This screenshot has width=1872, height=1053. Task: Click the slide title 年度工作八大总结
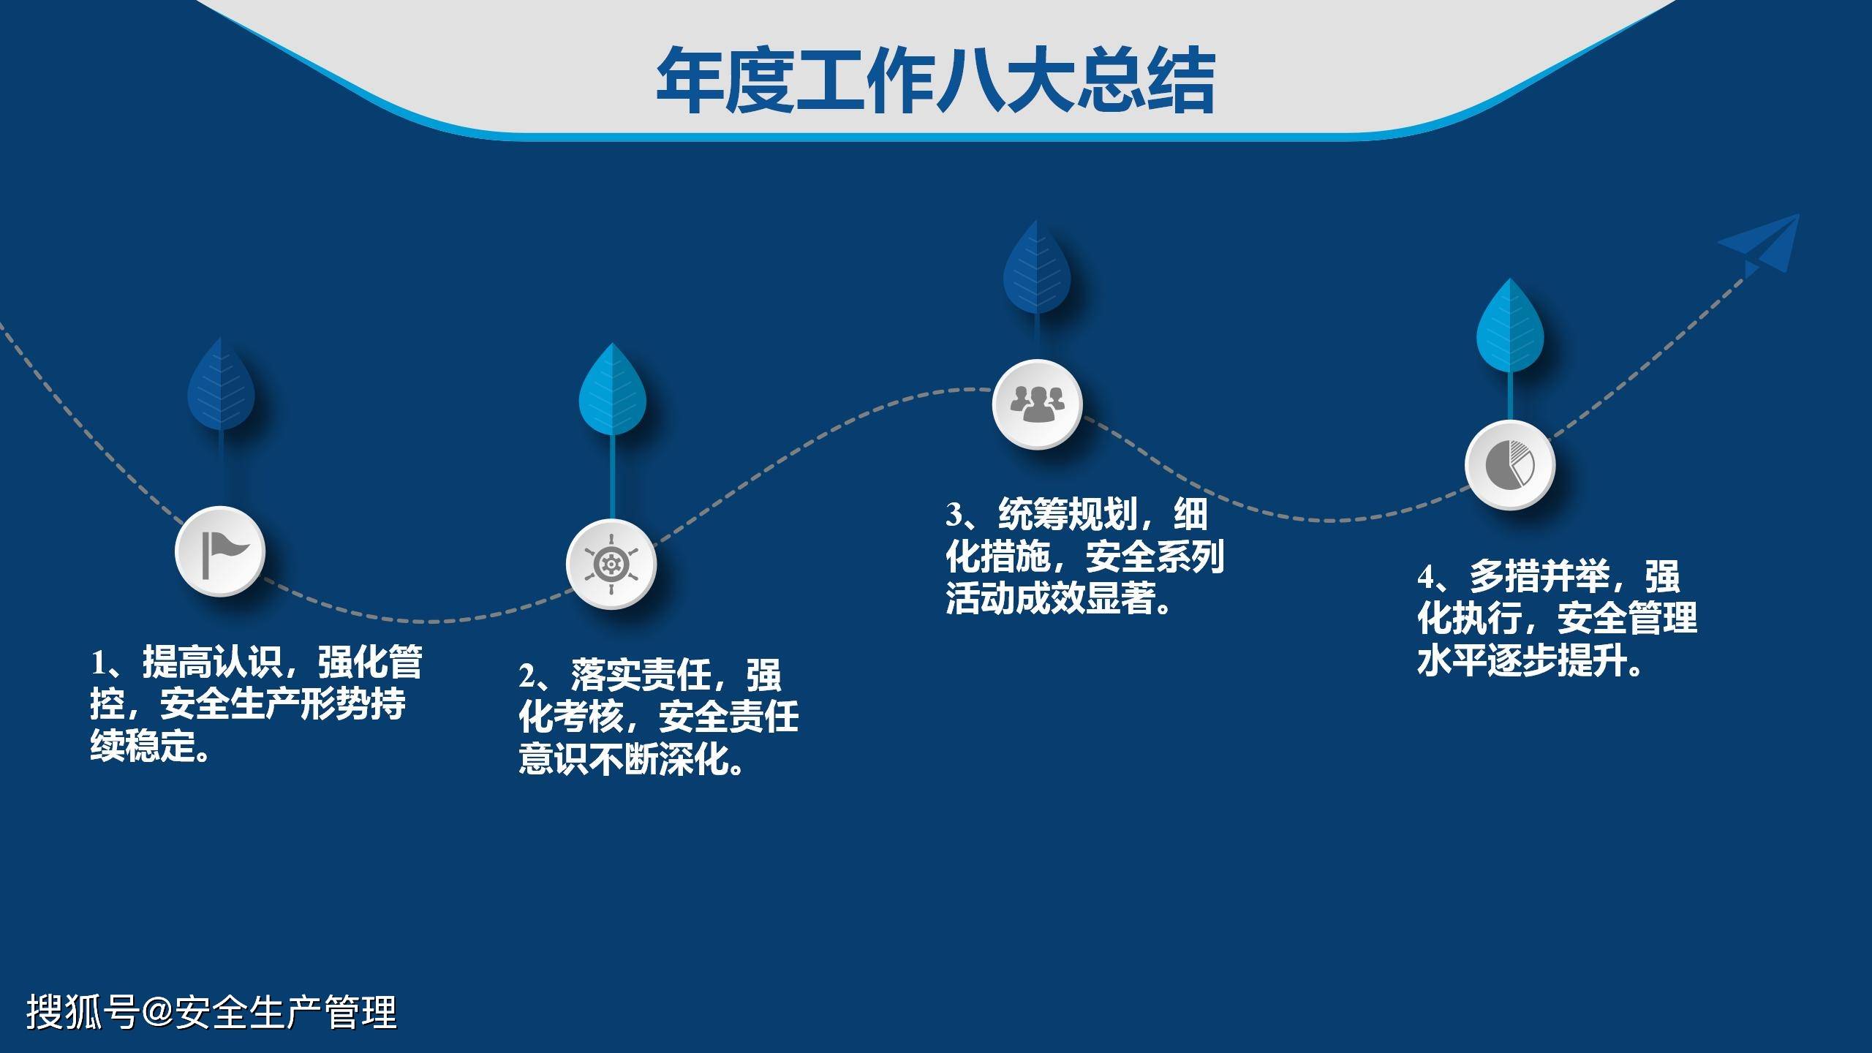coord(935,80)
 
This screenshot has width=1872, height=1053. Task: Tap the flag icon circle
coord(220,551)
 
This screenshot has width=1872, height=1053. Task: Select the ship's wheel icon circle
coord(611,564)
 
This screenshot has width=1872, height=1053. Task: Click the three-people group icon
coord(1037,404)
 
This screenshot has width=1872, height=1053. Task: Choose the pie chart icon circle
coord(1510,465)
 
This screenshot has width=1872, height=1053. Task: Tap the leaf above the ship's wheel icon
coord(613,389)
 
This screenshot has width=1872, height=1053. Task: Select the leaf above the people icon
coord(1037,267)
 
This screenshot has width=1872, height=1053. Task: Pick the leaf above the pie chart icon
coord(1510,326)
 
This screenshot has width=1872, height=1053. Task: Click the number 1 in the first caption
coord(98,663)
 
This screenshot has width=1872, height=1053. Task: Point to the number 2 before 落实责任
coord(528,676)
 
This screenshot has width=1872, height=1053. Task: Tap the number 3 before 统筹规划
coord(954,515)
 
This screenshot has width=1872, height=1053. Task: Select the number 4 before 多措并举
coord(1427,577)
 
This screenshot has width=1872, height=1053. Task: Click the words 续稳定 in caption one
coord(143,747)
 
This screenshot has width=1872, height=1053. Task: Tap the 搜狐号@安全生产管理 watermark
coord(212,1012)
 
